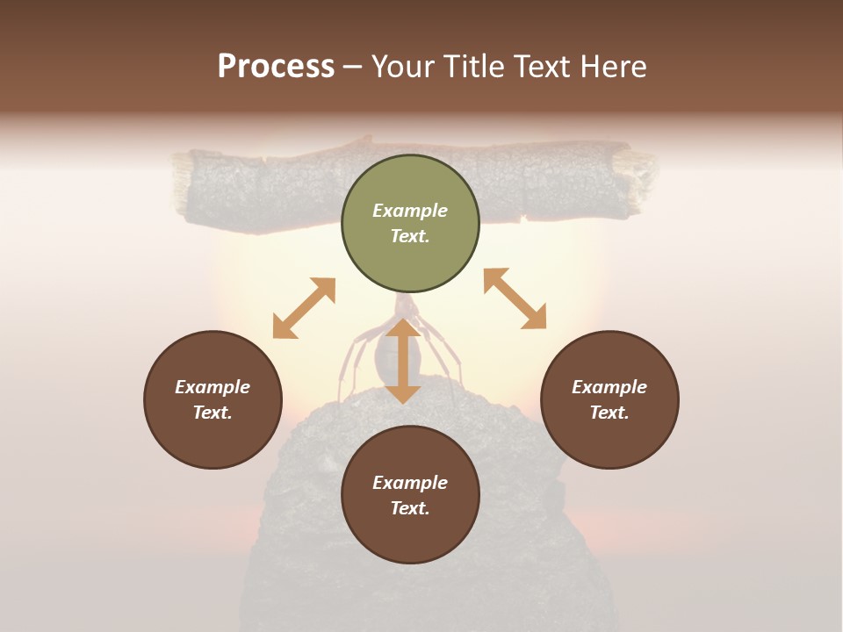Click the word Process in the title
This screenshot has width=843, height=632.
tap(276, 67)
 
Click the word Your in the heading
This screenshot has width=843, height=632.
tap(401, 67)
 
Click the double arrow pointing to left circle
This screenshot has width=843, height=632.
tap(304, 308)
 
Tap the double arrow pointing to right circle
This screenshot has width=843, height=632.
tap(515, 298)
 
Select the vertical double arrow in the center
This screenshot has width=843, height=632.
tap(403, 361)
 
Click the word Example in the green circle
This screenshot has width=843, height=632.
tap(410, 211)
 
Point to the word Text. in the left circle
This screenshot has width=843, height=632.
tap(213, 413)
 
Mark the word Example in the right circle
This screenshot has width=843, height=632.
tap(609, 387)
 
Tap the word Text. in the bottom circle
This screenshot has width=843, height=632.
tap(410, 508)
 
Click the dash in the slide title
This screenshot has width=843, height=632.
tap(352, 67)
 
